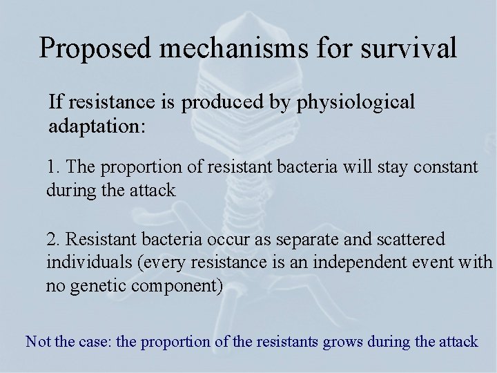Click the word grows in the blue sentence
[345, 342]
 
